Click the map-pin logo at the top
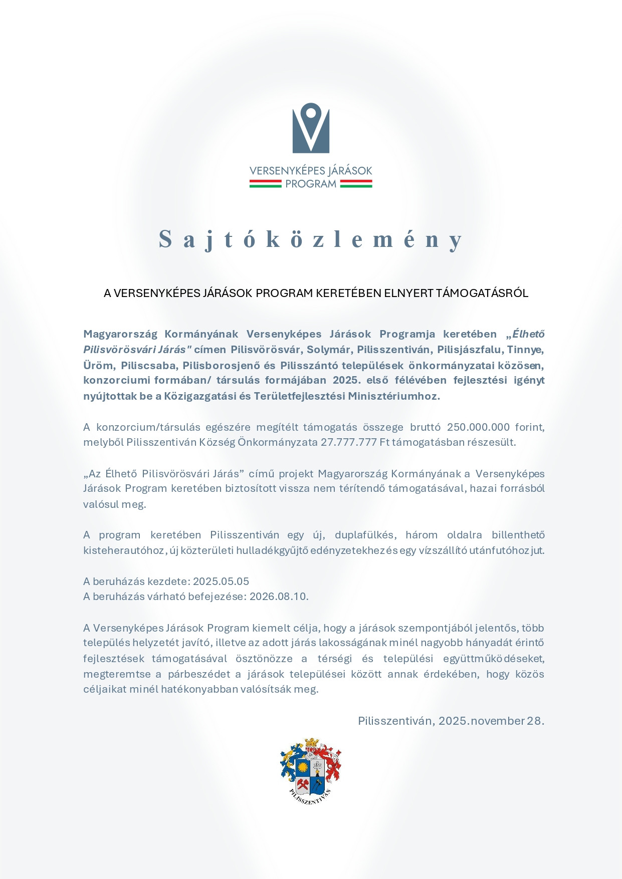311,128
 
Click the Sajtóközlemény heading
311,239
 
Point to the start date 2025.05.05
221,581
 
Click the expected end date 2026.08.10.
279,597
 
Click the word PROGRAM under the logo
311,184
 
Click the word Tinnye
525,349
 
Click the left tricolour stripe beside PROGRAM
265,184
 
